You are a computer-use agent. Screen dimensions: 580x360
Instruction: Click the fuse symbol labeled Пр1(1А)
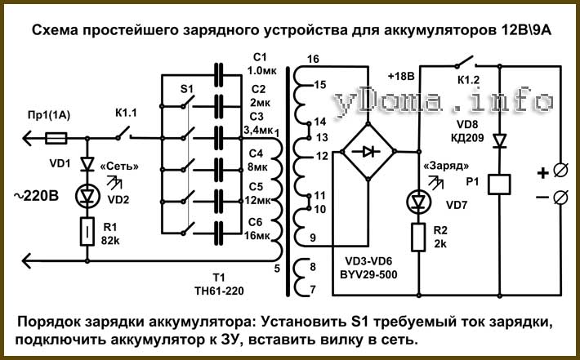pyautogui.click(x=56, y=139)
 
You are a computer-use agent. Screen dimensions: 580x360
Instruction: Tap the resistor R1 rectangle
pyautogui.click(x=87, y=232)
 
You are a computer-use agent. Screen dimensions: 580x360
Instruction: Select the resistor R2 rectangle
pyautogui.click(x=418, y=238)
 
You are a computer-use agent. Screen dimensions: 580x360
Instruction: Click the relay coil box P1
pyautogui.click(x=499, y=184)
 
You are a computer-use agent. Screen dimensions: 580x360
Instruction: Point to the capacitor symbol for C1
pyautogui.click(x=219, y=74)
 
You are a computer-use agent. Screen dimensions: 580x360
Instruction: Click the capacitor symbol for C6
pyautogui.click(x=219, y=233)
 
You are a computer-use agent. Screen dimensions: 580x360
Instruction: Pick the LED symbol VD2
pyautogui.click(x=87, y=197)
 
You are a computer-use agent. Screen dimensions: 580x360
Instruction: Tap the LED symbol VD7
pyautogui.click(x=418, y=202)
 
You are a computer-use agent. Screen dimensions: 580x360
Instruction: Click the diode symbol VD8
pyautogui.click(x=500, y=141)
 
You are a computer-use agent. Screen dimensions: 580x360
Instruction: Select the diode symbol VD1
pyautogui.click(x=87, y=164)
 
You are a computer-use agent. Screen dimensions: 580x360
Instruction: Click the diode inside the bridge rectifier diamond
pyautogui.click(x=368, y=151)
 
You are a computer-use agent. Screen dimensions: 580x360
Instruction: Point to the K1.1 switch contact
pyautogui.click(x=124, y=133)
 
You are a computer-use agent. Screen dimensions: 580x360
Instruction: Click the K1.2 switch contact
pyautogui.click(x=466, y=62)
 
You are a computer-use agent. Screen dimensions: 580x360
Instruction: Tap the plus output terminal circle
pyautogui.click(x=560, y=171)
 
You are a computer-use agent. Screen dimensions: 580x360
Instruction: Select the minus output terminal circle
pyautogui.click(x=560, y=198)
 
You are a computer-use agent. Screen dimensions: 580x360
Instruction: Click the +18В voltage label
pyautogui.click(x=401, y=77)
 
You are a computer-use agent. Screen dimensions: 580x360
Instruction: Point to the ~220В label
pyautogui.click(x=36, y=196)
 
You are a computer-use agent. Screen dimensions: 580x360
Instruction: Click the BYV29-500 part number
pyautogui.click(x=368, y=274)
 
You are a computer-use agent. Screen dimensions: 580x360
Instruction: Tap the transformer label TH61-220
pyautogui.click(x=220, y=291)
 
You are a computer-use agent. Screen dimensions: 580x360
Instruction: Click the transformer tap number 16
pyautogui.click(x=313, y=59)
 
